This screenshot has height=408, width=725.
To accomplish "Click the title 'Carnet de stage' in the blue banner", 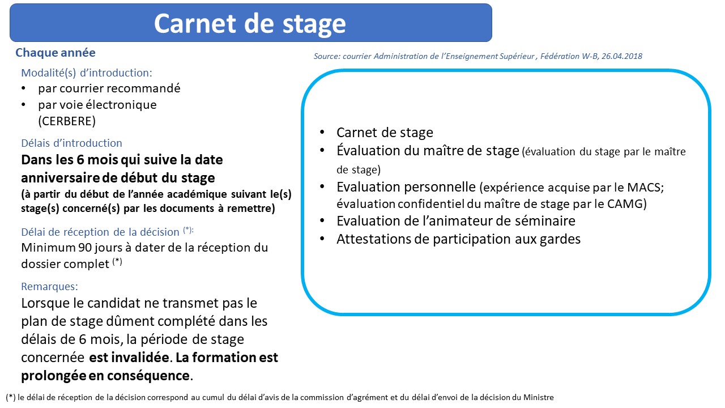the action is [250, 24].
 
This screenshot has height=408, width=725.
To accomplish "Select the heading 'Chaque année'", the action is [56, 53].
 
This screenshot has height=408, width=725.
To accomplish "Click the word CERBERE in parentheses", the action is [67, 121].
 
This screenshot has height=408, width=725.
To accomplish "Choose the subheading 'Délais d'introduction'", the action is [71, 143].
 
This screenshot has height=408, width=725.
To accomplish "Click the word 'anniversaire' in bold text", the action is [61, 178].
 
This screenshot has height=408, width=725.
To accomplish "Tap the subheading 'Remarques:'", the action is [49, 286].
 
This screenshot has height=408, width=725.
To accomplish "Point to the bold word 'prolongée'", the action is [54, 376].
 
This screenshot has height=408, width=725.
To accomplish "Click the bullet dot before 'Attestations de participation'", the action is [322, 239].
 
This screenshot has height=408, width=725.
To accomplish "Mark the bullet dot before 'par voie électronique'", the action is [23, 105].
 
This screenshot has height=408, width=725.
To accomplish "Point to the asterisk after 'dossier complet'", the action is [117, 261].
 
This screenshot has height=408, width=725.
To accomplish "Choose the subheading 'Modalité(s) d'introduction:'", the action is [87, 73].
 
